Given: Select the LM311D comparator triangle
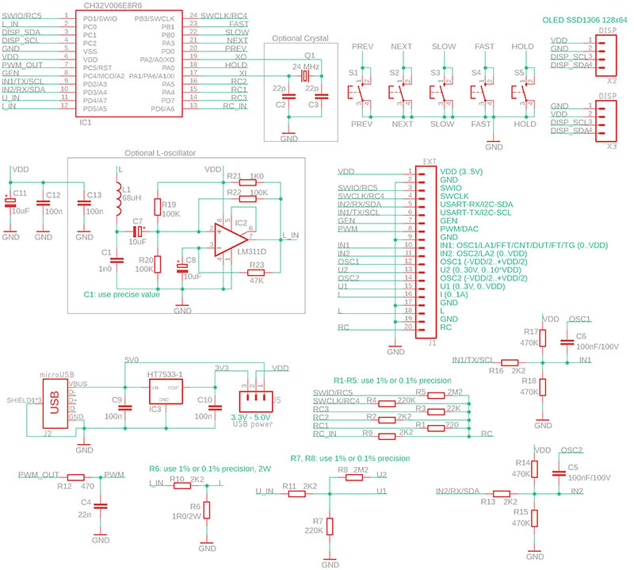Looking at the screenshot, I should pos(231,236).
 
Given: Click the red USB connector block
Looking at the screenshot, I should pos(55,401).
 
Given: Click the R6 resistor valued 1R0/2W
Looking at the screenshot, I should pos(207,508).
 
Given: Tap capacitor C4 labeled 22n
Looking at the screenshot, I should pos(101,506).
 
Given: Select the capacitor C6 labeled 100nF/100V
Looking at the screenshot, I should pos(567,343).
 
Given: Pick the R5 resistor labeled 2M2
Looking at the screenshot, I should pos(422,392).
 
